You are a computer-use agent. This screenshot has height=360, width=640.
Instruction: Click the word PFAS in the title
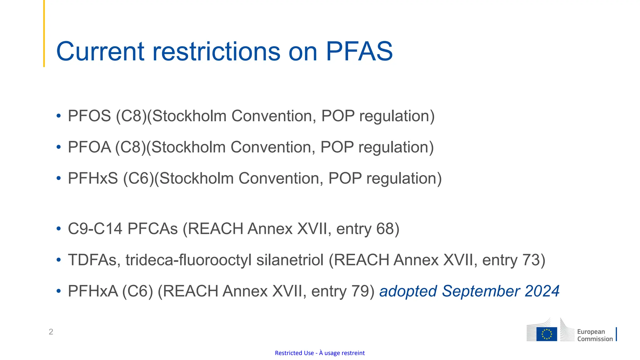tap(359, 51)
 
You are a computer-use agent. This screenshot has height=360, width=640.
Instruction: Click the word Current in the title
tap(100, 51)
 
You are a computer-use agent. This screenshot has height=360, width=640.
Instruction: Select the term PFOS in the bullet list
tap(89, 116)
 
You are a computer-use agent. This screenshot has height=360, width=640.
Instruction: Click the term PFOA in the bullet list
tap(89, 147)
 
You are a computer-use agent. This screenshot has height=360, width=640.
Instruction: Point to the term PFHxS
tap(93, 178)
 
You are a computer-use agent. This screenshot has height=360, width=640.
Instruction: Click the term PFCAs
tap(153, 229)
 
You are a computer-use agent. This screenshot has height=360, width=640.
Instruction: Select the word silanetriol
tap(290, 260)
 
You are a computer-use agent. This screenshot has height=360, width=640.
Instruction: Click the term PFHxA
tap(93, 291)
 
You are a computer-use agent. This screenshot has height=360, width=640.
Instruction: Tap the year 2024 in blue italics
tap(542, 291)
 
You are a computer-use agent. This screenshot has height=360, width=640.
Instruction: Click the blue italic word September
tap(481, 291)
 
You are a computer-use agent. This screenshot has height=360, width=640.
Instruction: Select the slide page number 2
tap(51, 332)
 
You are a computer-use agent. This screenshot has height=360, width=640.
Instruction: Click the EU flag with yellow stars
tap(547, 334)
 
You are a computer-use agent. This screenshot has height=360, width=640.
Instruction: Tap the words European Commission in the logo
tap(595, 335)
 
